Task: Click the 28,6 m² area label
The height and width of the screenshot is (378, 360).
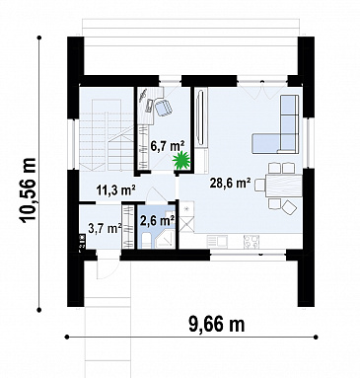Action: (x=231, y=183)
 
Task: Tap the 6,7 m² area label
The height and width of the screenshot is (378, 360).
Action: (x=168, y=145)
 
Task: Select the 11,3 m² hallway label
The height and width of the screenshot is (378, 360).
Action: (x=116, y=189)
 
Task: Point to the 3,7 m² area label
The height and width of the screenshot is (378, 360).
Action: (x=106, y=228)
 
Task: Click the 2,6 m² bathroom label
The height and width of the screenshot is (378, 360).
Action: (x=157, y=220)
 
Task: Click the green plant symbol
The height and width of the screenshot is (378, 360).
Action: (x=181, y=160)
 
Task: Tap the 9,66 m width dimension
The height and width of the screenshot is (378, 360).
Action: (x=217, y=324)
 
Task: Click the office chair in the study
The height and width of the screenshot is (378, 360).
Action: (x=164, y=107)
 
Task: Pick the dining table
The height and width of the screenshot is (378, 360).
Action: (x=284, y=186)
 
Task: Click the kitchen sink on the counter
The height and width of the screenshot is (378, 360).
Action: (x=217, y=241)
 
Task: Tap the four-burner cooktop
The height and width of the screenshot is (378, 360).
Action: (x=252, y=242)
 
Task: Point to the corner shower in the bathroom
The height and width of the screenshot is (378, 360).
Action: (x=166, y=238)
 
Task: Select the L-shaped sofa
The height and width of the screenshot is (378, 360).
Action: (x=281, y=128)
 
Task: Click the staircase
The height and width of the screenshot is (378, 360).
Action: (x=106, y=135)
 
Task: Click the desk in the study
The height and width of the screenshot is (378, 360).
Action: (x=151, y=105)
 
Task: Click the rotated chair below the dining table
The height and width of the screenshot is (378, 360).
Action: (x=289, y=207)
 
